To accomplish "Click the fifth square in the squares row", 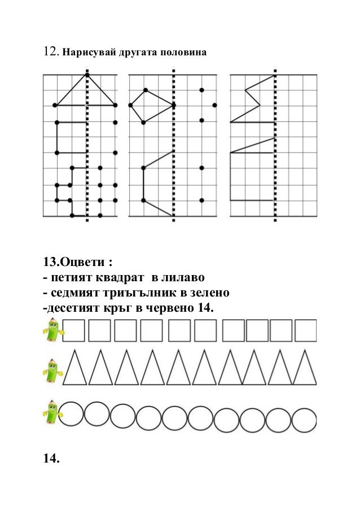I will (x=179, y=331).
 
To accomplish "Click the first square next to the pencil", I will (x=73, y=331).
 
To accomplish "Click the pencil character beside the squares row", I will (x=53, y=330).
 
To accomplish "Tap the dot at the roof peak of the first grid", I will (x=86, y=74).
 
